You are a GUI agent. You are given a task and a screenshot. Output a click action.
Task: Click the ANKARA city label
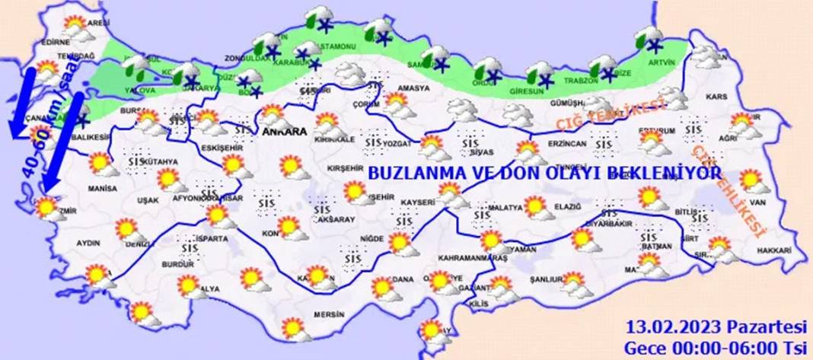[284, 132]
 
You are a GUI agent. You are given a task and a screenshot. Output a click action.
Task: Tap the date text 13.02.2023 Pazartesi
[716, 327]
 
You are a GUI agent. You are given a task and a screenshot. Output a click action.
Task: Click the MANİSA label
[102, 188]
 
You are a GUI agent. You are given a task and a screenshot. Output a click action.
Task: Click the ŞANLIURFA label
[545, 279]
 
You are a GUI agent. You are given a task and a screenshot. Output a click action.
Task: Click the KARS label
[716, 97]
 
